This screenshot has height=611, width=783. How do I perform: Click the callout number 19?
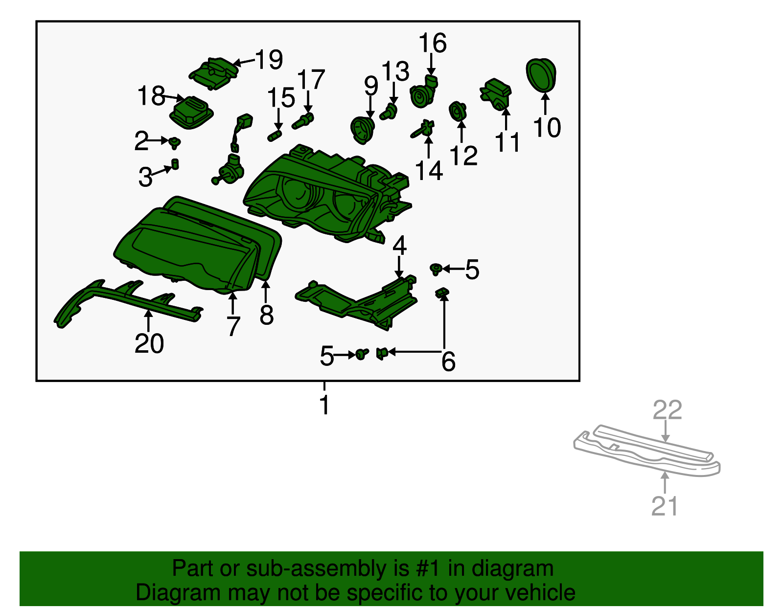[269, 60]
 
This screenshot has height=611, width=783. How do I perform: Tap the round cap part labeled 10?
[541, 74]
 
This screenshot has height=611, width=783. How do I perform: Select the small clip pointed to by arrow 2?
[175, 142]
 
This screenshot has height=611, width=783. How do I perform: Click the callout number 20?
[149, 343]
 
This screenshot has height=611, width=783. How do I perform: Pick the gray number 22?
[668, 410]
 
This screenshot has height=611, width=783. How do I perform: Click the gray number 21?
[665, 506]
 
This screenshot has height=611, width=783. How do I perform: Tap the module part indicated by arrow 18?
[191, 113]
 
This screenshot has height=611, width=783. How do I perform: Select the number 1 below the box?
[324, 405]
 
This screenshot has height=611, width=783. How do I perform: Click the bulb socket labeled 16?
[424, 92]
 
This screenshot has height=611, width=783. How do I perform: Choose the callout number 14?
[429, 171]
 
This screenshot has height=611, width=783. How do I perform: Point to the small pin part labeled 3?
[175, 164]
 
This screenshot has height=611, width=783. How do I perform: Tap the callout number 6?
[449, 362]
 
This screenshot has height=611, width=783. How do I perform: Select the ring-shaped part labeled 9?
[363, 130]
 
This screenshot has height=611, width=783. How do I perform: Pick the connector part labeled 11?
[496, 94]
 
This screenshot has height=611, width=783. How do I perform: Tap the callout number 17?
[311, 80]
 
